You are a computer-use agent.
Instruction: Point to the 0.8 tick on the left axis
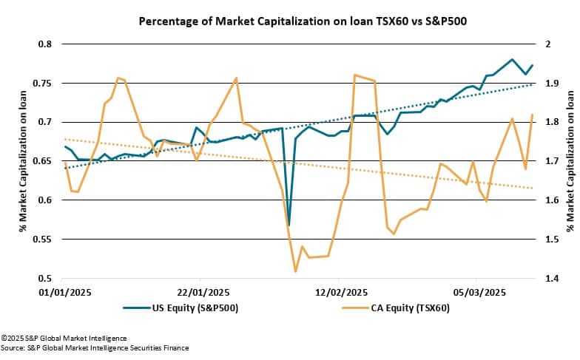[x=45, y=44]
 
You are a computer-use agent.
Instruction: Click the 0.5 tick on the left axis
[x=45, y=279]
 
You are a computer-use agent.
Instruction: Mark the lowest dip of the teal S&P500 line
[x=289, y=225]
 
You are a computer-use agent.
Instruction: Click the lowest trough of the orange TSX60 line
[x=295, y=271]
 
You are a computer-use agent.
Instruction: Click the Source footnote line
[x=95, y=347]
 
